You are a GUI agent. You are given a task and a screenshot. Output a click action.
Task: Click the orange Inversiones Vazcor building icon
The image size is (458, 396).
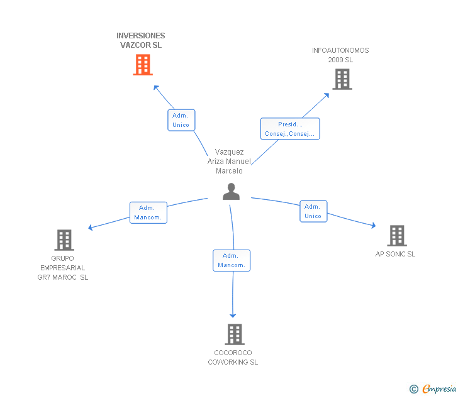point(143,64)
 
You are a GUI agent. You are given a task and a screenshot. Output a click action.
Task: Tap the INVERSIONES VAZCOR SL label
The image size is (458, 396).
point(141,41)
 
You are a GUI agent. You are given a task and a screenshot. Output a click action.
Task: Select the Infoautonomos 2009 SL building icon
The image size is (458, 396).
point(342,79)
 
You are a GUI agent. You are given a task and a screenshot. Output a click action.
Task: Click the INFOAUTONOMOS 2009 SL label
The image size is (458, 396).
point(340,55)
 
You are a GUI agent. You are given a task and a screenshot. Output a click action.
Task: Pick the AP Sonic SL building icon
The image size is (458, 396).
point(396,236)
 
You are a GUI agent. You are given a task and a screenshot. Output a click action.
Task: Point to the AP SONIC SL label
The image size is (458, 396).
point(395,255)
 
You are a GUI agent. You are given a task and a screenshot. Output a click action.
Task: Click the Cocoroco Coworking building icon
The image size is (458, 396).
point(234,334)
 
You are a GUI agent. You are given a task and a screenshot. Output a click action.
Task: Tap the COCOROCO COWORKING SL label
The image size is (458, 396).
point(233,358)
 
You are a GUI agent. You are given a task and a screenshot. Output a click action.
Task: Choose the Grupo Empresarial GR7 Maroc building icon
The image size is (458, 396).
point(64,240)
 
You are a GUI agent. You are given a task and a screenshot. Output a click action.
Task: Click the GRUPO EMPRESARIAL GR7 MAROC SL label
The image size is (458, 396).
point(63,268)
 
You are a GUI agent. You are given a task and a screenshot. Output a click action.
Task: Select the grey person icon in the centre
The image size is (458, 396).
point(232,192)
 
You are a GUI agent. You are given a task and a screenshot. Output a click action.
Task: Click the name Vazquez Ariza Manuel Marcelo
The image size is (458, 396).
point(229,162)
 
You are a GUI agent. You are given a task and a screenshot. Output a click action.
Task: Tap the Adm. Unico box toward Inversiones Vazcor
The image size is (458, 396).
point(181,120)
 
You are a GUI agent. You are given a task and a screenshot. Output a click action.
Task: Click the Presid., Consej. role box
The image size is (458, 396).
point(290,129)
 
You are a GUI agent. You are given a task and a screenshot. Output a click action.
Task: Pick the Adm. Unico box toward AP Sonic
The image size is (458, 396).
point(313,211)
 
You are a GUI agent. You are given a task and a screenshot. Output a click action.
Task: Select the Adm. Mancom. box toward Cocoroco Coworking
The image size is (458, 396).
point(232,260)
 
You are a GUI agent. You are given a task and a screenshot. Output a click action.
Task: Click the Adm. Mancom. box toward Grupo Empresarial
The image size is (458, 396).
point(148,212)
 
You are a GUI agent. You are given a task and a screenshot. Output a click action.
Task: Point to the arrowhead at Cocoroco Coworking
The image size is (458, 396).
point(233,314)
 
